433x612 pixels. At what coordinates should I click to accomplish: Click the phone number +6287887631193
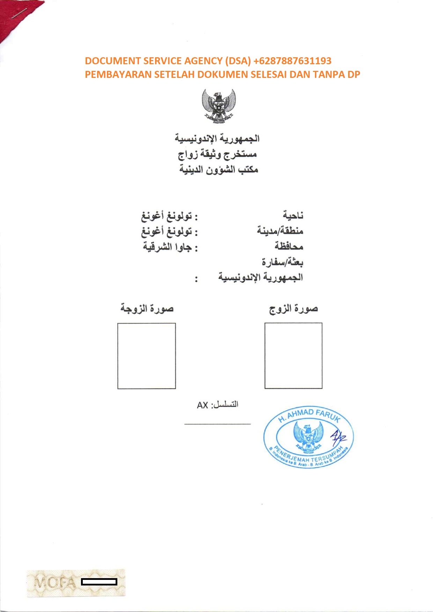coord(292,61)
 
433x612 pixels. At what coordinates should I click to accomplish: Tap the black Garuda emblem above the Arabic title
coord(219,106)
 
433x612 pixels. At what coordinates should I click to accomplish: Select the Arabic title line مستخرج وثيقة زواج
coord(217,154)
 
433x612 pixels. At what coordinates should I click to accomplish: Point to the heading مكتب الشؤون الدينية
coord(219,170)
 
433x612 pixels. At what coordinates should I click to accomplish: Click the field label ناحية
coord(293,216)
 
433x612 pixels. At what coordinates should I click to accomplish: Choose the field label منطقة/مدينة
coord(280,231)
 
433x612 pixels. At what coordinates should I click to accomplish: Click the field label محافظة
coord(289,246)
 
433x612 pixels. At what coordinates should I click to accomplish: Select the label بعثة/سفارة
coord(282,262)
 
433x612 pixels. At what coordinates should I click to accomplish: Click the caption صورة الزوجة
coord(147,309)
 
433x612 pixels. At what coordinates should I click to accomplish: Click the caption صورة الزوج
coord(293,309)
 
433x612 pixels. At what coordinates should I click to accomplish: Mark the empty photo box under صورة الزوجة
coord(147,356)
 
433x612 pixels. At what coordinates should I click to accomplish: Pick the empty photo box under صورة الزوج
coord(293,355)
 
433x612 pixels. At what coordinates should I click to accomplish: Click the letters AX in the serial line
coord(203,405)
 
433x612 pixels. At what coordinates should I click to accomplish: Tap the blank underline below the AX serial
coord(218,424)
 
